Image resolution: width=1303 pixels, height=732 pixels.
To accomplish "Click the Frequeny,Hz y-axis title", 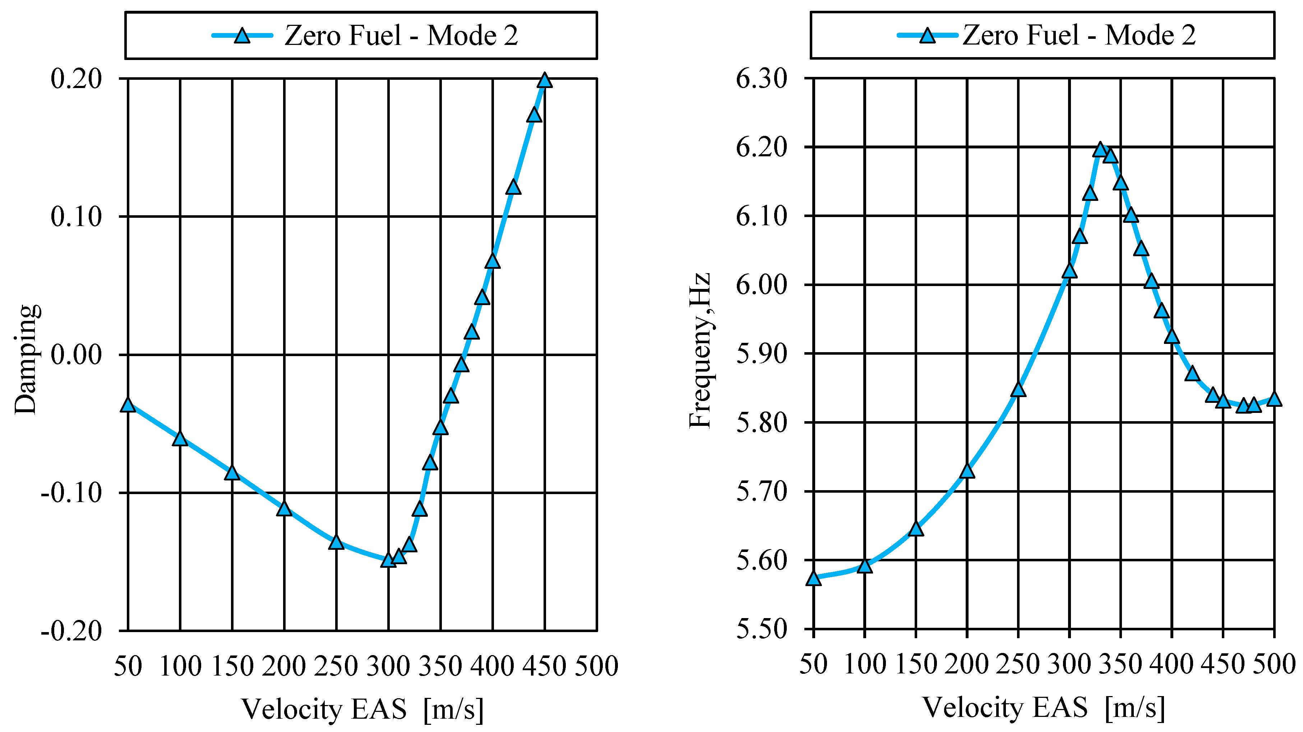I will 700,351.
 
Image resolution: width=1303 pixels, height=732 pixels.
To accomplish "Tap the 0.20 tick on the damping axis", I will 77,79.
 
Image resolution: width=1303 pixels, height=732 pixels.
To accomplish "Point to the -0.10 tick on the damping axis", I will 71,493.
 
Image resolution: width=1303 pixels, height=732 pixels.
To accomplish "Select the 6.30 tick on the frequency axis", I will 762,79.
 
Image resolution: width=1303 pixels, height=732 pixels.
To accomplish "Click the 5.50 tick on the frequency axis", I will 762,629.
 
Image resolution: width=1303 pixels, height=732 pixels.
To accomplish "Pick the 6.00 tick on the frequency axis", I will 762,285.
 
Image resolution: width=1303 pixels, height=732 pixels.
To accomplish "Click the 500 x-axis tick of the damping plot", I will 597,666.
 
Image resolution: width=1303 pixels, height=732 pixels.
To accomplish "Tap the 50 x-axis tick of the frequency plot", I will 813,664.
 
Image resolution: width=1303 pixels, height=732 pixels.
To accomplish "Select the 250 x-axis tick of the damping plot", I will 336,666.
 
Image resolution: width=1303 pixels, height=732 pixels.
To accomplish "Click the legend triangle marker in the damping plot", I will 242,36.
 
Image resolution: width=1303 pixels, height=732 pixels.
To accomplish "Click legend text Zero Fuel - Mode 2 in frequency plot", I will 1079,36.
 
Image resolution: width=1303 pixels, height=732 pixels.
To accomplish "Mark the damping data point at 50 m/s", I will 128,405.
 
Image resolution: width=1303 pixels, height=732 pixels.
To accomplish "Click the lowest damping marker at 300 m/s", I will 388,560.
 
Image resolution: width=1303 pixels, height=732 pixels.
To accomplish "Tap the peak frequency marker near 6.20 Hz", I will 1100,150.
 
